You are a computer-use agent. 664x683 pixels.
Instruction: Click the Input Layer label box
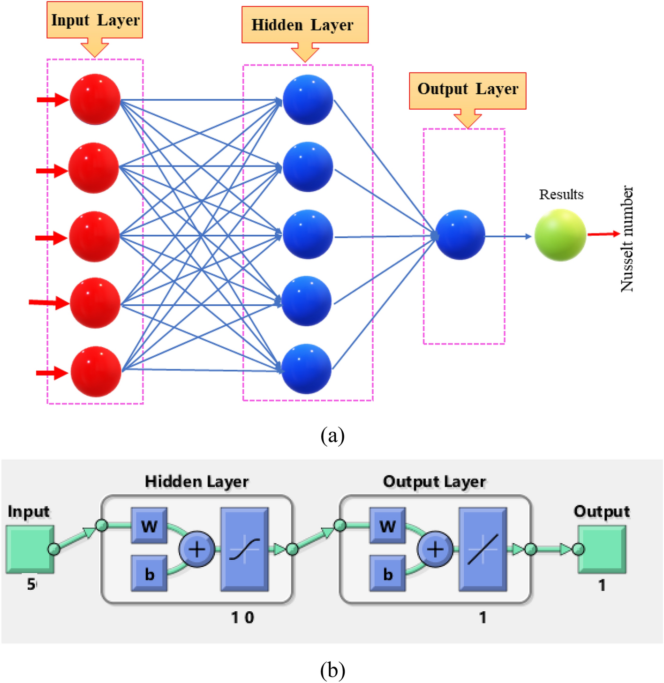tap(95, 20)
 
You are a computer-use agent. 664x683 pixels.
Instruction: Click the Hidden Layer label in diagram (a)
tap(304, 25)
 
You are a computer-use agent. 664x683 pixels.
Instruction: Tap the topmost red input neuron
tap(95, 99)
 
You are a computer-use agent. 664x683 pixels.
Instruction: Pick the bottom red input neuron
tap(96, 372)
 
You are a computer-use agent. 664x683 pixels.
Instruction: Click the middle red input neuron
tap(95, 236)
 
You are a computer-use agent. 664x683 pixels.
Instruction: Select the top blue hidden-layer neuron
tap(308, 100)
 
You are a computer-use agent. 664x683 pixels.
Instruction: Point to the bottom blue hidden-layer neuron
tap(306, 369)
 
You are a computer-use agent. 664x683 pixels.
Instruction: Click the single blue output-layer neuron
tap(460, 234)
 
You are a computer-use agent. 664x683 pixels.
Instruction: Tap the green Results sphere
tap(560, 235)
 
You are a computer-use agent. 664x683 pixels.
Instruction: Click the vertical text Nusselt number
tap(627, 239)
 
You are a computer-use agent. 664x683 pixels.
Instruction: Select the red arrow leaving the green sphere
tap(604, 233)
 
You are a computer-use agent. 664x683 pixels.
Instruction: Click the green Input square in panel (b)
tap(30, 549)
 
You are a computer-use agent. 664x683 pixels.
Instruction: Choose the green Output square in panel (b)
tap(602, 549)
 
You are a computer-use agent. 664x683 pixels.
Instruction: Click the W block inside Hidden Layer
tap(149, 525)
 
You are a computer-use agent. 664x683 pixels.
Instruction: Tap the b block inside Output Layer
tap(387, 573)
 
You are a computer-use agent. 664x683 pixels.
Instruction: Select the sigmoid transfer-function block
tap(245, 549)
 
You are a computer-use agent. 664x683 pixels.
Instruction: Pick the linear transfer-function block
tap(483, 549)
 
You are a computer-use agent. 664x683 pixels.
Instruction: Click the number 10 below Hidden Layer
tap(242, 617)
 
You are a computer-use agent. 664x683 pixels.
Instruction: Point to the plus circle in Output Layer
tap(435, 549)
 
